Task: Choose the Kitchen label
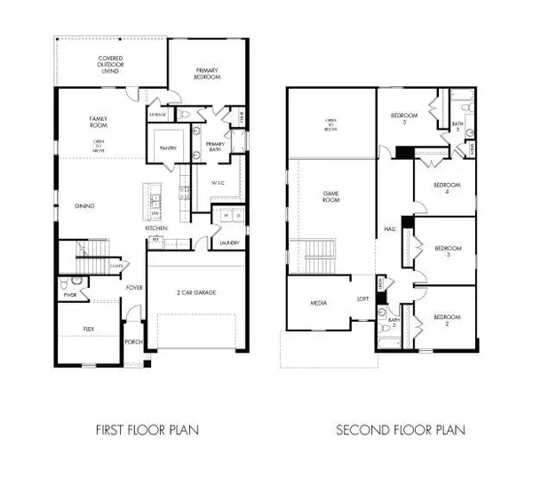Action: coord(156,228)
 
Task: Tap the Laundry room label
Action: coord(228,241)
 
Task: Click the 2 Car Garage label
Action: coord(197,292)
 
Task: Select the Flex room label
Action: coord(88,329)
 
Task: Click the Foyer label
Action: coord(134,288)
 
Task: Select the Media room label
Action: coord(316,303)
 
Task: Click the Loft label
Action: coord(362,299)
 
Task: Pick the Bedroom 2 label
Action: coord(446,317)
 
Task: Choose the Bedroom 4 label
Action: coord(445,187)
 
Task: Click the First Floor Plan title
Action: coord(147,430)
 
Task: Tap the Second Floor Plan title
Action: coord(400,430)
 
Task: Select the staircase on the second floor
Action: coord(318,258)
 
